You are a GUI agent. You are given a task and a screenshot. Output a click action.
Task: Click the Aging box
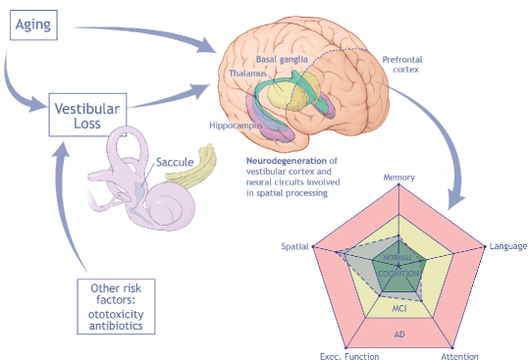pos(33,25)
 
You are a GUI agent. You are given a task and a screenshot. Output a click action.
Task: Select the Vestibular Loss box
pos(87,115)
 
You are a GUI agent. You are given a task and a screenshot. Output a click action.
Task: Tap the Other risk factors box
pos(116,306)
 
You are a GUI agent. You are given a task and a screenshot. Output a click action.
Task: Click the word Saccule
pos(175,162)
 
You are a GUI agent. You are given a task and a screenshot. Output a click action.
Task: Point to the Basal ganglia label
pos(282,59)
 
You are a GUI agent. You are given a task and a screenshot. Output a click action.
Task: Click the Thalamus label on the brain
pos(247,74)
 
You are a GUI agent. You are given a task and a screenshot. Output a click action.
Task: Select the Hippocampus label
pos(236,126)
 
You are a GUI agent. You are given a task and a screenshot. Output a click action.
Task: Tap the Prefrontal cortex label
pos(402,65)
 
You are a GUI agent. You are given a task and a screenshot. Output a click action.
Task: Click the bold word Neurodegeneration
pos(287,161)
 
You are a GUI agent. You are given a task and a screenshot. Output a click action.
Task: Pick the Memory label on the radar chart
pos(398,178)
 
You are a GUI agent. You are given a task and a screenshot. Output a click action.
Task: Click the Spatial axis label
pos(294,246)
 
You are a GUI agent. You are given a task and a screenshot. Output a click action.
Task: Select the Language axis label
pos(508,246)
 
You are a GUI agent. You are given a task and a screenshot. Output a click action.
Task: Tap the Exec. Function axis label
pos(349,356)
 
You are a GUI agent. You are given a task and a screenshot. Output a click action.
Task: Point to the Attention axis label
pos(459,356)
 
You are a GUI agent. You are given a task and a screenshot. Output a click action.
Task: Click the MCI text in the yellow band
pos(399,308)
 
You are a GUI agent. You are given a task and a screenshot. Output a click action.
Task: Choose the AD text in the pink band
pos(399,334)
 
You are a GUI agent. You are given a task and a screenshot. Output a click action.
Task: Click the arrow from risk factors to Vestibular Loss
pos(64,202)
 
